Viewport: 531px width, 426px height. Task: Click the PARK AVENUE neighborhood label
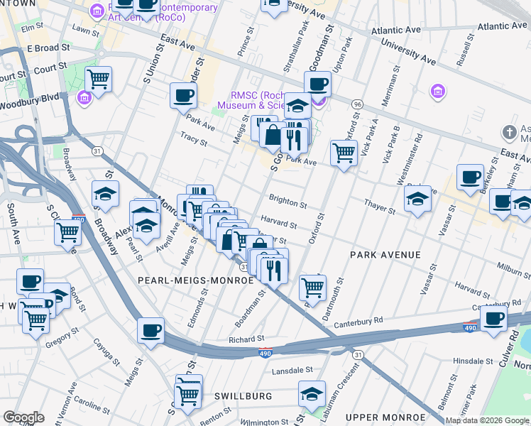pos(385,254)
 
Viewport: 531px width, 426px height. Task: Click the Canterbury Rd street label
pos(359,320)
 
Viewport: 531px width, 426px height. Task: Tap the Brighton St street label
pos(288,203)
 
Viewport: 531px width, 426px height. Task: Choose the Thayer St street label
pos(379,206)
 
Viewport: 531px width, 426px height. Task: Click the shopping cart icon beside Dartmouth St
pos(312,286)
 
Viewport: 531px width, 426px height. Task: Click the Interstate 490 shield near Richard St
pos(264,352)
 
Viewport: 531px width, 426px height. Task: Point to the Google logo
pos(23,417)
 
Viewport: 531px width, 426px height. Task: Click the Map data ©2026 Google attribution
pos(487,420)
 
